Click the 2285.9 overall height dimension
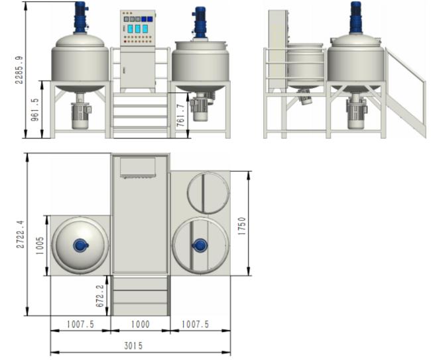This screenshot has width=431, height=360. (x=19, y=70)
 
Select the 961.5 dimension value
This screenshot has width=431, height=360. (x=35, y=109)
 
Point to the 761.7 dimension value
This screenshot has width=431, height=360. (x=180, y=115)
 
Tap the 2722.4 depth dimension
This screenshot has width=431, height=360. (x=21, y=235)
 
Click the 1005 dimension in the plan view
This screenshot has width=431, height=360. (x=40, y=245)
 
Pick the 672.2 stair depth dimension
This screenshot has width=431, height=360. (x=99, y=296)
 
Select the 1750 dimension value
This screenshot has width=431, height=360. (x=242, y=226)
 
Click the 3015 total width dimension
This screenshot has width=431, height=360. (x=133, y=345)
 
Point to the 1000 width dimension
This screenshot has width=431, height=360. (x=140, y=324)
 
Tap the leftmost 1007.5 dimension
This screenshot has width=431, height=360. (x=80, y=324)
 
